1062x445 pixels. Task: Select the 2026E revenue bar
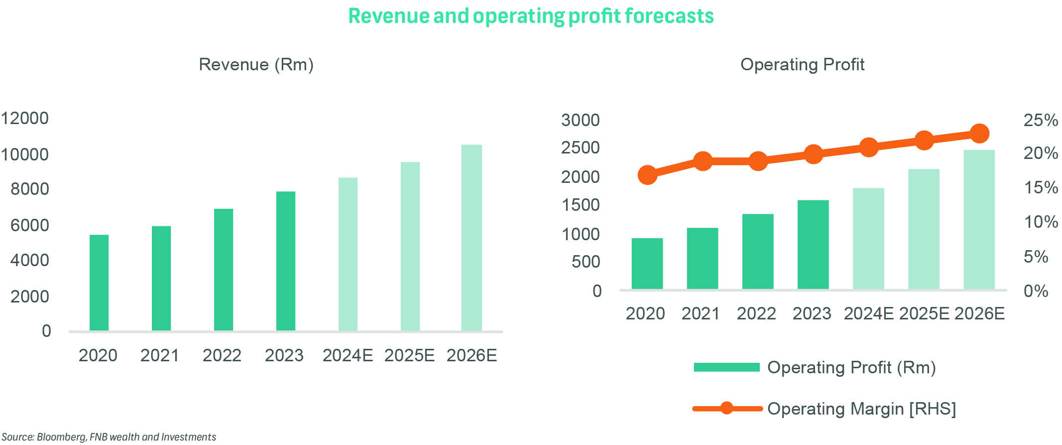(x=471, y=238)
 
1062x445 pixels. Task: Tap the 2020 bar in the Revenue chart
(x=99, y=283)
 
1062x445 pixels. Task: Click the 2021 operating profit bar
(x=702, y=258)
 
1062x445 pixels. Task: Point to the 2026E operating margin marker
(x=979, y=134)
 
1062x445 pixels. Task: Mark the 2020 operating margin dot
(x=647, y=175)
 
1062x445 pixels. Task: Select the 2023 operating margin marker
(x=813, y=154)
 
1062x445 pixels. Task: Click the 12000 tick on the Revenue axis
(x=25, y=119)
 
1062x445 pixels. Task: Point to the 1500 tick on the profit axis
(x=580, y=205)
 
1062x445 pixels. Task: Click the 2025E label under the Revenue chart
(x=409, y=355)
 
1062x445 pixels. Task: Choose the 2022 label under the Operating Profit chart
(x=756, y=313)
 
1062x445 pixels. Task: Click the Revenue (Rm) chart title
(x=256, y=65)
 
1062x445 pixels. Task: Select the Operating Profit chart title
(x=802, y=65)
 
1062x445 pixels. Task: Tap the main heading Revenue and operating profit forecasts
(x=531, y=16)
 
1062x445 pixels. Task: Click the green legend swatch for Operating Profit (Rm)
(x=726, y=367)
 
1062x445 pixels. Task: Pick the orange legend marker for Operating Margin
(x=727, y=409)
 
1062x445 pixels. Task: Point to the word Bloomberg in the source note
(x=62, y=437)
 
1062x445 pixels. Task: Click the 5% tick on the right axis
(x=1036, y=257)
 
